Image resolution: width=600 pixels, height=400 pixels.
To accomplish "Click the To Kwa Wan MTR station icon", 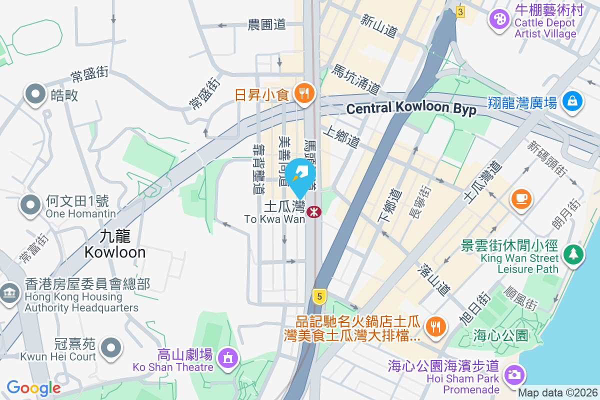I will (314, 212).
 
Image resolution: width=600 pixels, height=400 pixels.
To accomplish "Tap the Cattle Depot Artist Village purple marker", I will (499, 20).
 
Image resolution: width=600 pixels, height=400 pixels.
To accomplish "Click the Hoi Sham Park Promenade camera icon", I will (513, 374).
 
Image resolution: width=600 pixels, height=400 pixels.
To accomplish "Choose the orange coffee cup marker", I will (521, 197).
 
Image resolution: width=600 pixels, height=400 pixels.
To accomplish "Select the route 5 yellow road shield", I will (318, 295).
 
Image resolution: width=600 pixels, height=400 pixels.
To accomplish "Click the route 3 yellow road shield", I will (460, 11).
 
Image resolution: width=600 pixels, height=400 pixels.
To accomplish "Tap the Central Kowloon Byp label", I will (411, 108).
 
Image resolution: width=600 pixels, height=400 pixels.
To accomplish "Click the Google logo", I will (33, 387).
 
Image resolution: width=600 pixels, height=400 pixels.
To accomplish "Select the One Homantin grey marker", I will (30, 204).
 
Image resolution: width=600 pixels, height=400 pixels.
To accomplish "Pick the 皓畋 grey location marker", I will (35, 93).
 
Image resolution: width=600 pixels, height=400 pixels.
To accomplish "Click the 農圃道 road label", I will (266, 24).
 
